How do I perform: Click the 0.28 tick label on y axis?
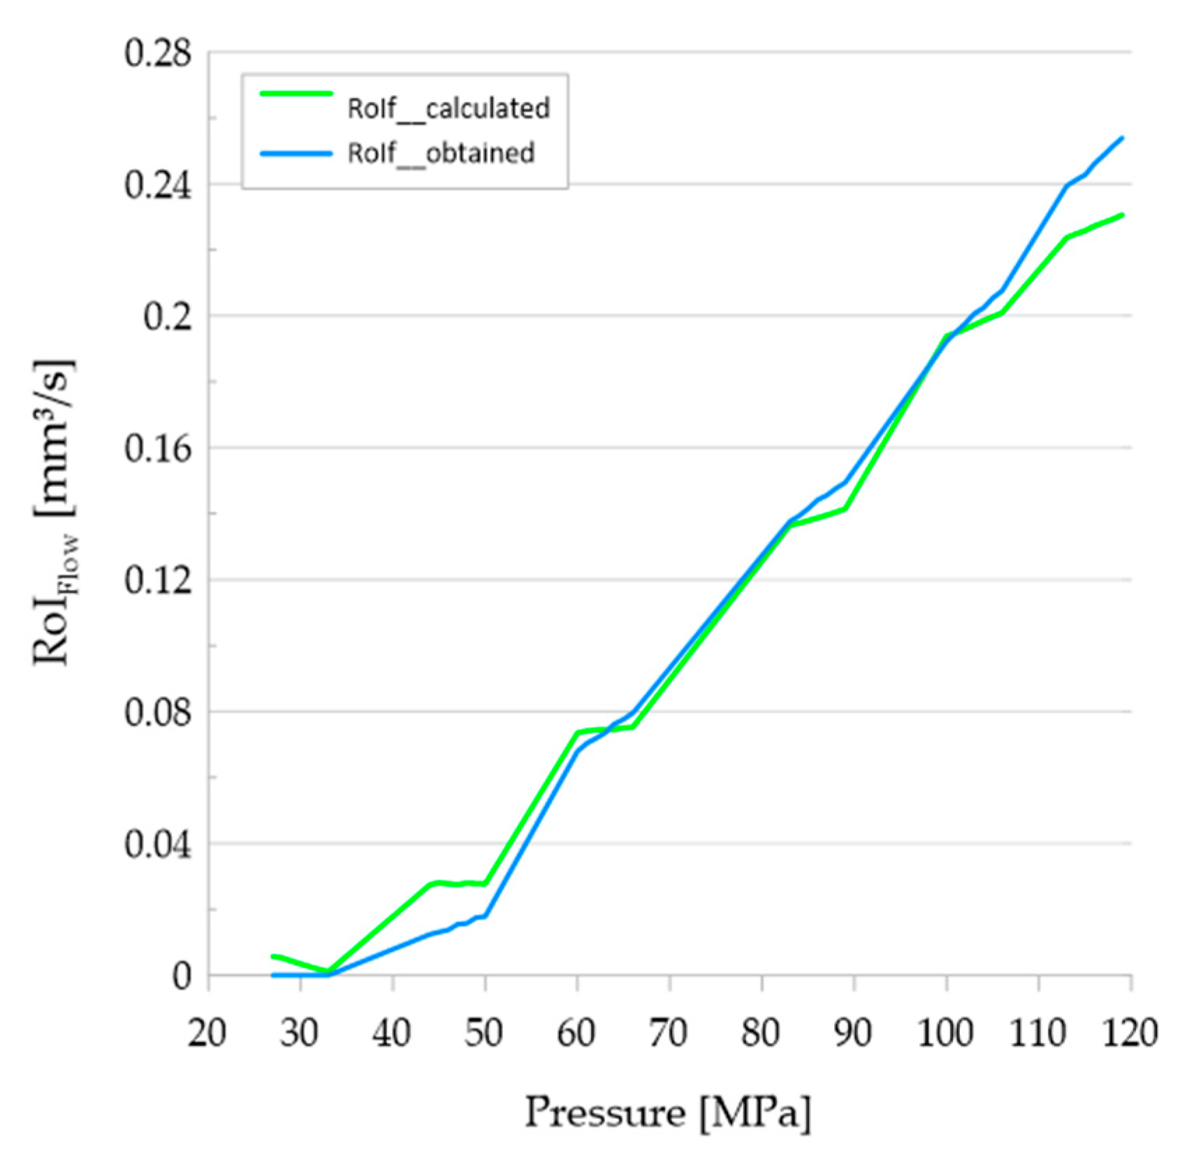pyautogui.click(x=157, y=53)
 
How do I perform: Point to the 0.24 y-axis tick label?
pyautogui.click(x=157, y=185)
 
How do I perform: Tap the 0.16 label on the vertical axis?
pyautogui.click(x=157, y=449)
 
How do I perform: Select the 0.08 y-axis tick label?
pyautogui.click(x=157, y=713)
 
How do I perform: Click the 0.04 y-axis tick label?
pyautogui.click(x=157, y=845)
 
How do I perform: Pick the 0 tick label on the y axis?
pyautogui.click(x=181, y=976)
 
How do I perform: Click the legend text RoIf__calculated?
pyautogui.click(x=449, y=108)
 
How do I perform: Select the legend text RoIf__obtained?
pyautogui.click(x=441, y=153)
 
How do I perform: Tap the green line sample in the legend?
pyautogui.click(x=296, y=93)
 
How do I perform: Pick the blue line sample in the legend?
pyautogui.click(x=296, y=153)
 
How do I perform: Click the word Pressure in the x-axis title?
pyautogui.click(x=605, y=1112)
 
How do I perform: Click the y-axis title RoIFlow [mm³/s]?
pyautogui.click(x=56, y=514)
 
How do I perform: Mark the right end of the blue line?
pyautogui.click(x=1130, y=138)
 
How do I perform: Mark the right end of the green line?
pyautogui.click(x=1130, y=215)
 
